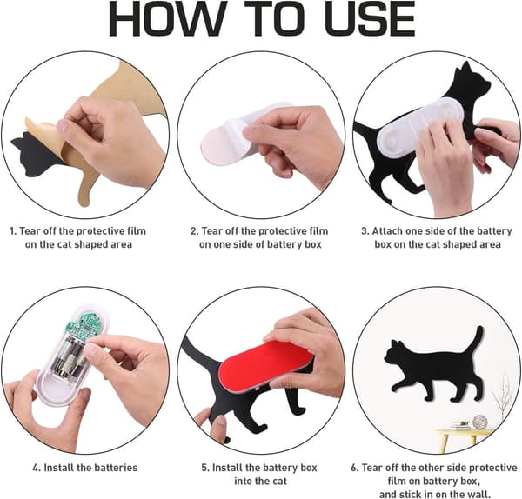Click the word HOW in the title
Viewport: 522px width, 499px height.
click(166, 19)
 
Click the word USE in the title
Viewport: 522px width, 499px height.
click(362, 19)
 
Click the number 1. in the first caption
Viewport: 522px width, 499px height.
click(13, 231)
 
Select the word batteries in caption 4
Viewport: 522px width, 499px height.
click(113, 468)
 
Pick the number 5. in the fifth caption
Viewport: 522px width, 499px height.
click(205, 468)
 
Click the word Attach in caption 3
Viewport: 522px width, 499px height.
click(387, 231)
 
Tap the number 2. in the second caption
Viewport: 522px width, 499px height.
click(194, 231)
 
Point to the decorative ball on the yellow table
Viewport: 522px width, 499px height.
click(480, 422)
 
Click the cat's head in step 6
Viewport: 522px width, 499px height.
click(396, 353)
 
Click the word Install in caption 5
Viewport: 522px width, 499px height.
click(228, 468)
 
